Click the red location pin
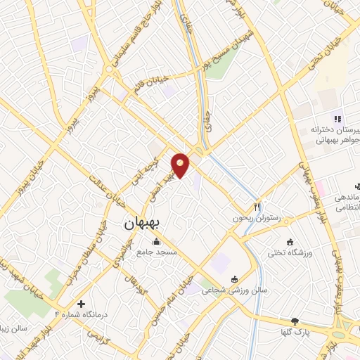181,165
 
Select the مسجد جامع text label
157,252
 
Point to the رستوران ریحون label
257,219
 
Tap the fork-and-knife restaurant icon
257,207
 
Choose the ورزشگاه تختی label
290,252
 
